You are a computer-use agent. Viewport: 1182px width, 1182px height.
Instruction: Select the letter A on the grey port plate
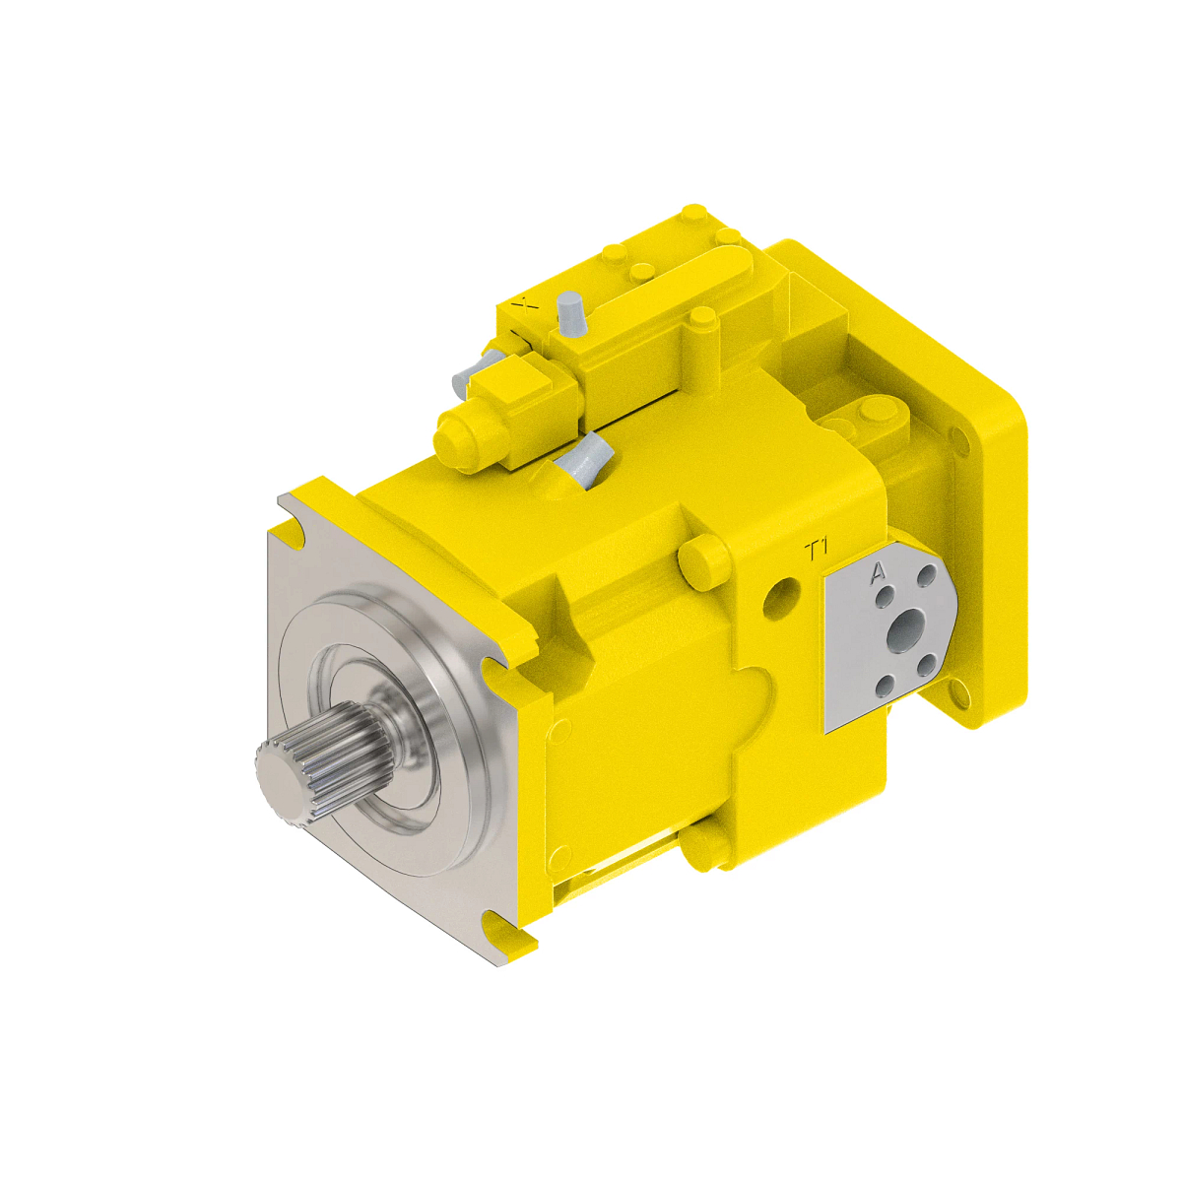coord(878,571)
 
